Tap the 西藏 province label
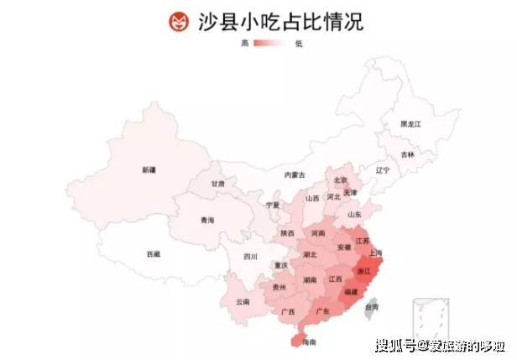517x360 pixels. click(x=153, y=253)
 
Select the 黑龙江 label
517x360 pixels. click(x=410, y=123)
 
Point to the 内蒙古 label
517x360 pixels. click(x=295, y=175)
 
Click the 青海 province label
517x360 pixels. click(x=207, y=220)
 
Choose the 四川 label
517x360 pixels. click(x=250, y=256)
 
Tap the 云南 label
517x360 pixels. click(x=243, y=301)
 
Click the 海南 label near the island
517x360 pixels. click(x=309, y=342)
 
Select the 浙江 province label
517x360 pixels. click(x=364, y=272)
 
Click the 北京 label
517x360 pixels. click(x=340, y=180)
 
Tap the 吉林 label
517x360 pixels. click(x=407, y=154)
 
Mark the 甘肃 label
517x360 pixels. click(x=217, y=184)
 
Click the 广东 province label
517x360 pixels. click(x=321, y=311)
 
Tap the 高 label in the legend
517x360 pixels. click(x=244, y=43)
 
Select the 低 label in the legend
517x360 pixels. click(x=299, y=43)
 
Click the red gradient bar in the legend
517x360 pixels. click(x=271, y=43)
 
